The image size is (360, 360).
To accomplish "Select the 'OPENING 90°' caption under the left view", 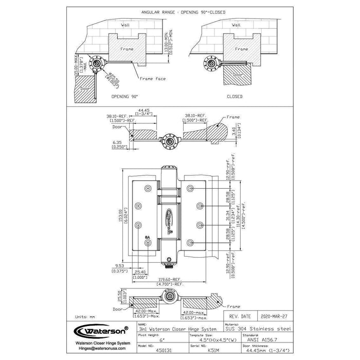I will point(124,96).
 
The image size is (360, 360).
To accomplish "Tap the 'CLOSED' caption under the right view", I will point(235,96).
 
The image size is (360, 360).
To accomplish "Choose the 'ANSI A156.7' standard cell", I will point(255,339).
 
